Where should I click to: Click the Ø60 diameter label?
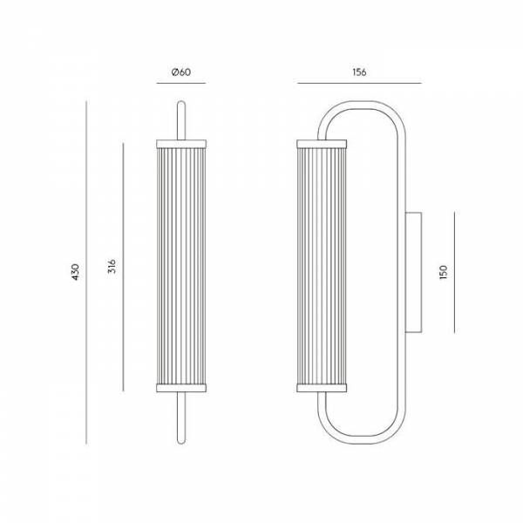click(181, 71)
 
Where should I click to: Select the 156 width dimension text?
click(359, 71)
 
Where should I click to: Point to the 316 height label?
click(112, 267)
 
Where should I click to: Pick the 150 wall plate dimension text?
click(444, 271)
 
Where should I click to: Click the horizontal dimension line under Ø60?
click(181, 84)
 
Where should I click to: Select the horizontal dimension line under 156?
click(359, 84)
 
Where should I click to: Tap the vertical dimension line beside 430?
click(89, 271)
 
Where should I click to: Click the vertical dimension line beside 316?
click(124, 267)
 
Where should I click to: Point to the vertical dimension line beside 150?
click(455, 271)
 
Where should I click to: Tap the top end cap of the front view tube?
click(181, 142)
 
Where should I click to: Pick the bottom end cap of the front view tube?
click(181, 387)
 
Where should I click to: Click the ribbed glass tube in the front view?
click(181, 265)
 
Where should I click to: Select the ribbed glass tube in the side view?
click(323, 265)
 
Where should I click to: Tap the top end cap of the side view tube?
click(323, 142)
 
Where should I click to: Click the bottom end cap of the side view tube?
click(323, 387)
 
